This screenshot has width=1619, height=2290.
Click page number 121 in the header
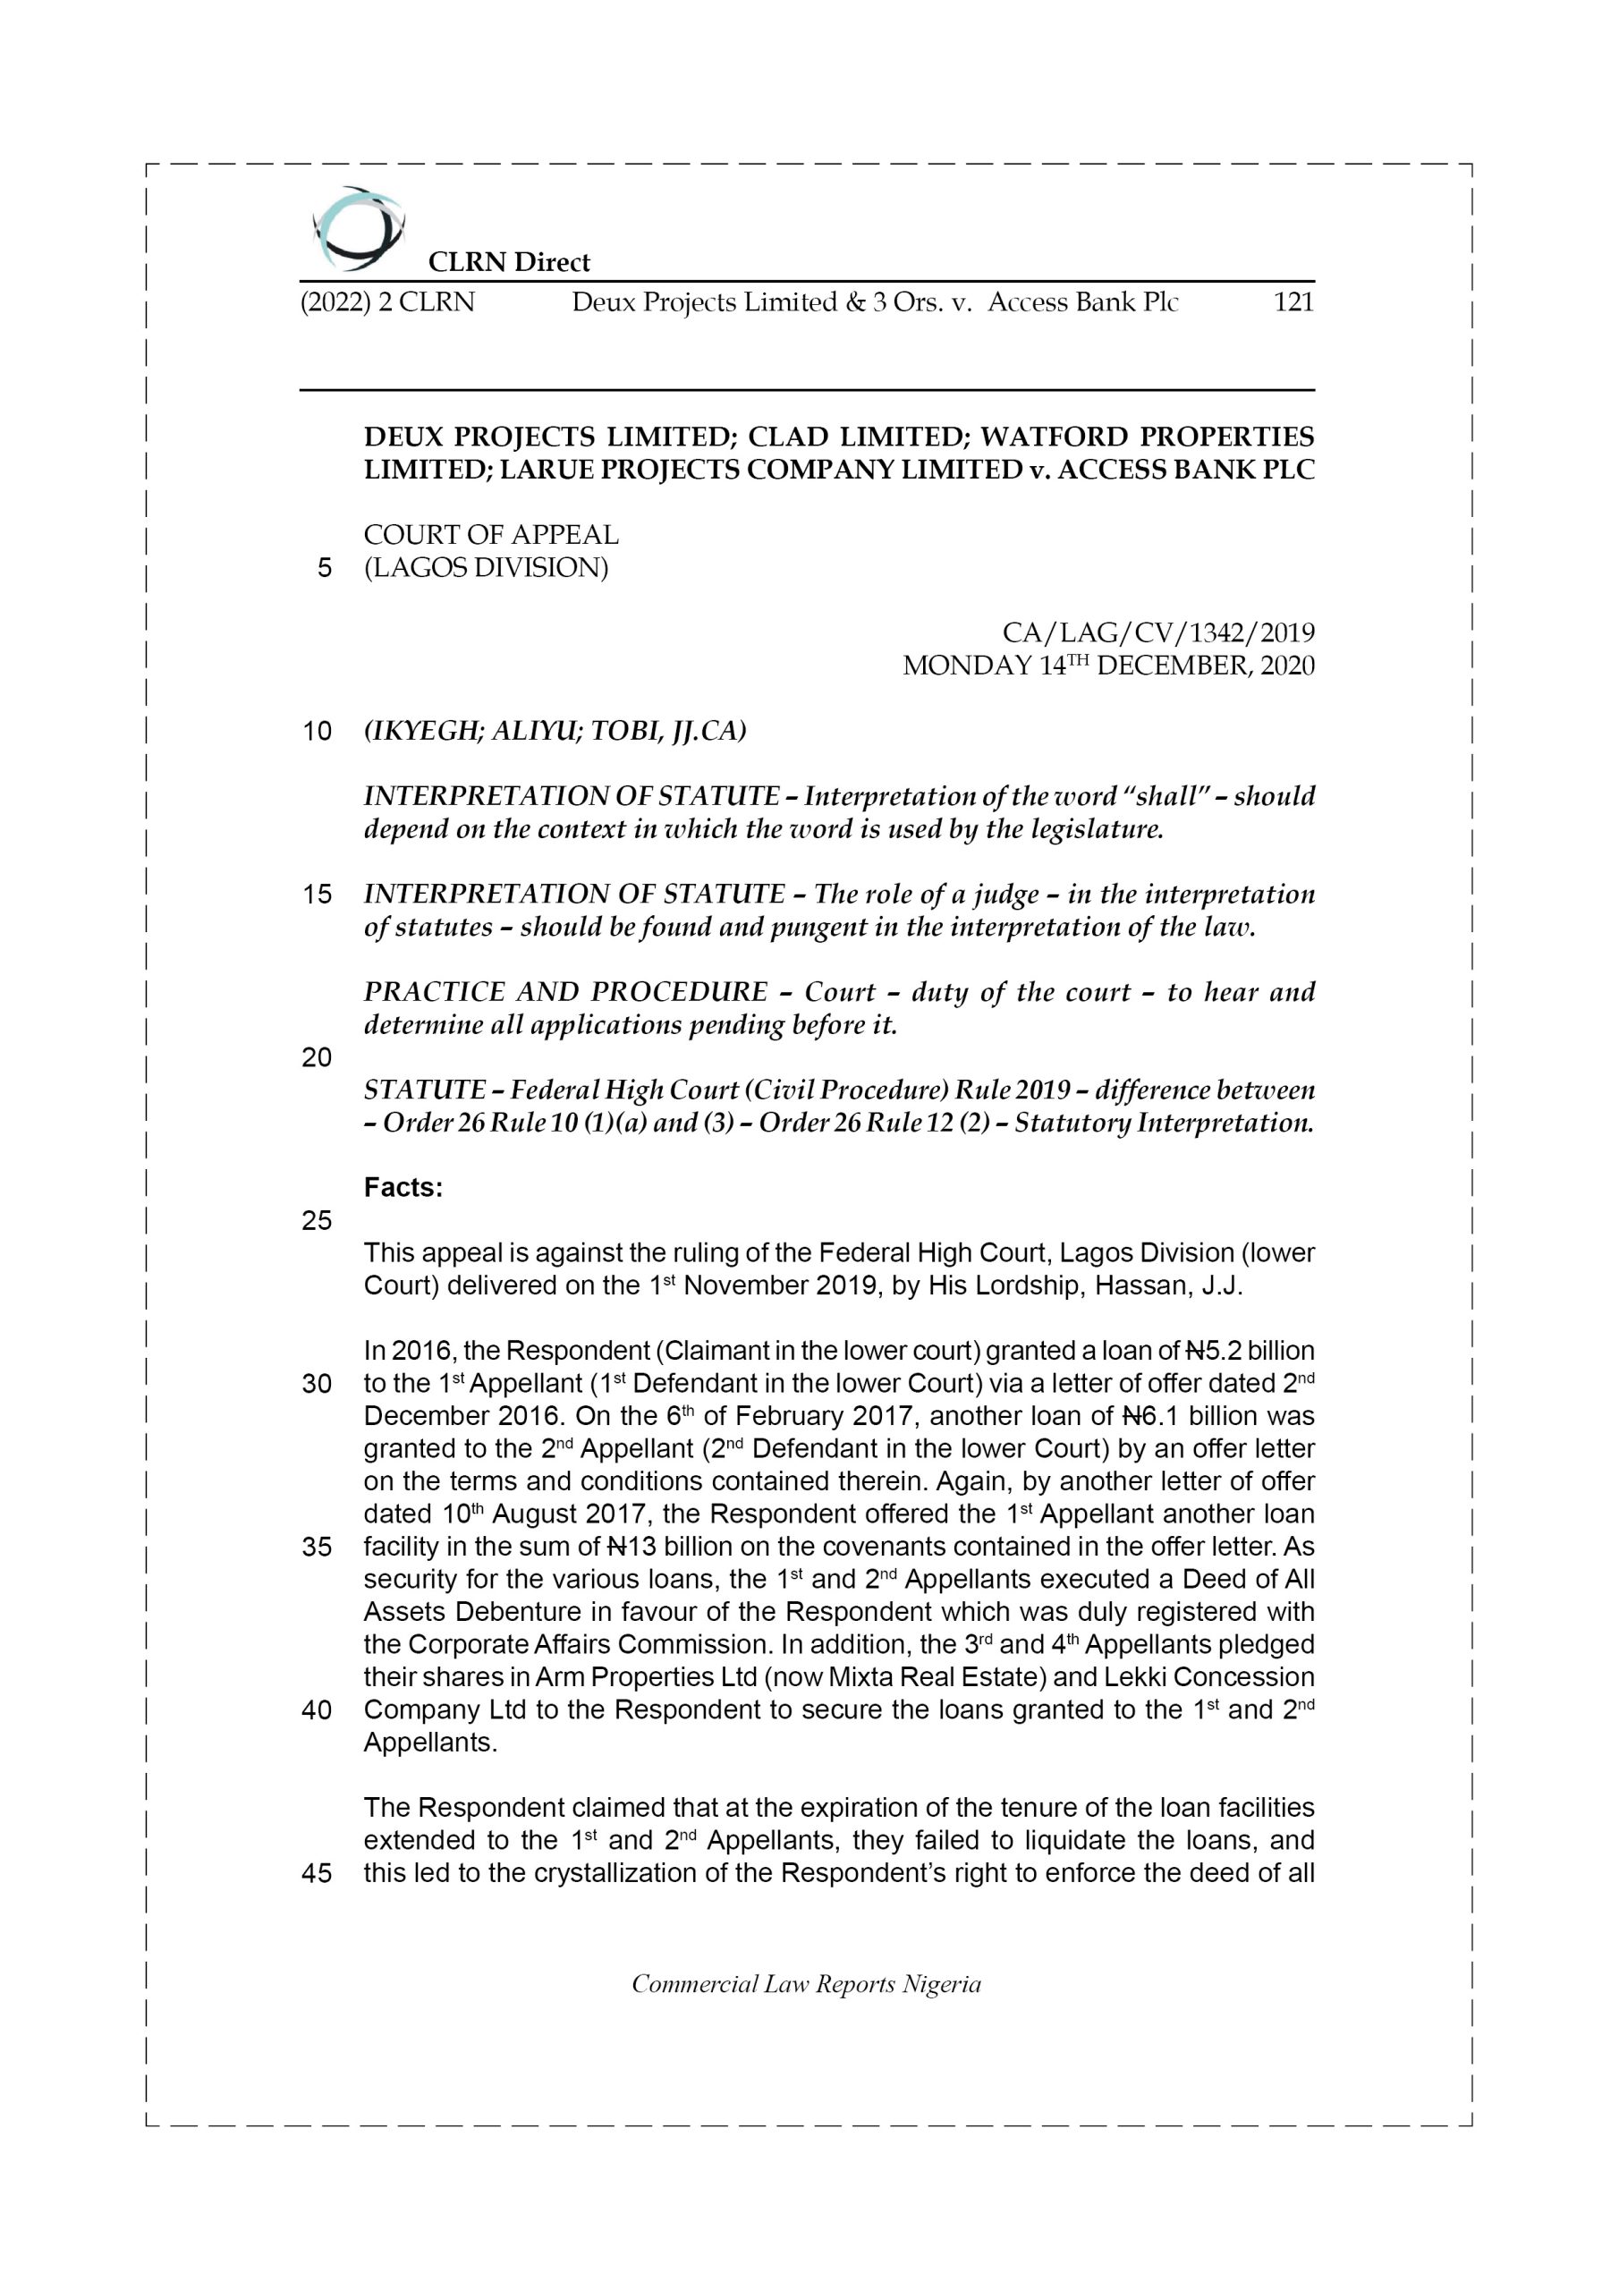pyautogui.click(x=1293, y=302)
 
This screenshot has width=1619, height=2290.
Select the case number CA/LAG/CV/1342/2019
pyautogui.click(x=1157, y=633)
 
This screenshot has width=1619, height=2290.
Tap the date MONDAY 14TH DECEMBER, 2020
pyautogui.click(x=1108, y=666)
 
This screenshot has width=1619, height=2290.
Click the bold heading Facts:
pyautogui.click(x=403, y=1188)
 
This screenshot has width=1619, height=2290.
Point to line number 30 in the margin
pyautogui.click(x=317, y=1385)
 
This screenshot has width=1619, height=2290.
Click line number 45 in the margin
pyautogui.click(x=317, y=1874)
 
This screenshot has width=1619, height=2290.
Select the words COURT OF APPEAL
pyautogui.click(x=491, y=536)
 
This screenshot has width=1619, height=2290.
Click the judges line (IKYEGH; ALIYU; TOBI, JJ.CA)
pyautogui.click(x=555, y=731)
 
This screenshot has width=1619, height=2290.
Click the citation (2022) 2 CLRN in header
pyautogui.click(x=387, y=302)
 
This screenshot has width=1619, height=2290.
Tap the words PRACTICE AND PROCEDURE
pyautogui.click(x=565, y=992)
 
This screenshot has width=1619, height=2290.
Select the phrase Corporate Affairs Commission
pyautogui.click(x=587, y=1645)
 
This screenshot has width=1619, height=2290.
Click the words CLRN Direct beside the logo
pyautogui.click(x=509, y=262)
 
